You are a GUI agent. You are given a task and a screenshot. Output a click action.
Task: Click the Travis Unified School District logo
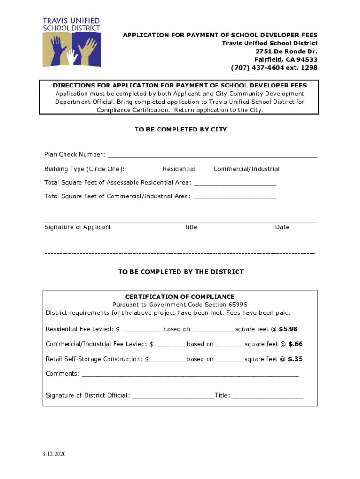coord(72,43)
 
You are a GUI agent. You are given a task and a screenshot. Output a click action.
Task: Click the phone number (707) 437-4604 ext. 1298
coord(274,68)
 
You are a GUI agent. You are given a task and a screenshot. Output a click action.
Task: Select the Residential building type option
coord(179,169)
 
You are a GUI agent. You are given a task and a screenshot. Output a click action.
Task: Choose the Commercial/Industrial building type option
coord(246,169)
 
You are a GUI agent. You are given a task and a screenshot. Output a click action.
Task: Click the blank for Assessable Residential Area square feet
coord(235,183)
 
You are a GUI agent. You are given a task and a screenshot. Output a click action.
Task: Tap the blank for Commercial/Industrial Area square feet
coord(235,197)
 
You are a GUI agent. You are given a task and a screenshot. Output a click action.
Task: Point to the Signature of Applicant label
coord(78,227)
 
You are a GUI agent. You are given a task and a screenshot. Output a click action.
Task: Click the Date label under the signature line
coord(282,227)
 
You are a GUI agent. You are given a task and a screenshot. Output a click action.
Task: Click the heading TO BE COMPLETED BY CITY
coord(180,130)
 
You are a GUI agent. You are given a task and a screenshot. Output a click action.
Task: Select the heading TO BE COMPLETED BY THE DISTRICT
coord(180,272)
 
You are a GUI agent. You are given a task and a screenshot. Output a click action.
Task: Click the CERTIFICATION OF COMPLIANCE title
coord(180,297)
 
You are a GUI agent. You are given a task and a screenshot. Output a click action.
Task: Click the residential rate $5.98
coord(288,329)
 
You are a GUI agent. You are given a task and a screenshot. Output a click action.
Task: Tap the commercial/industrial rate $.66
coord(295,344)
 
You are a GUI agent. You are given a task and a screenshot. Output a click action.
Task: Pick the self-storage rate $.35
coord(295,359)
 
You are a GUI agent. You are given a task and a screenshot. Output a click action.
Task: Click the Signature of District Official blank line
coord(173,396)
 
